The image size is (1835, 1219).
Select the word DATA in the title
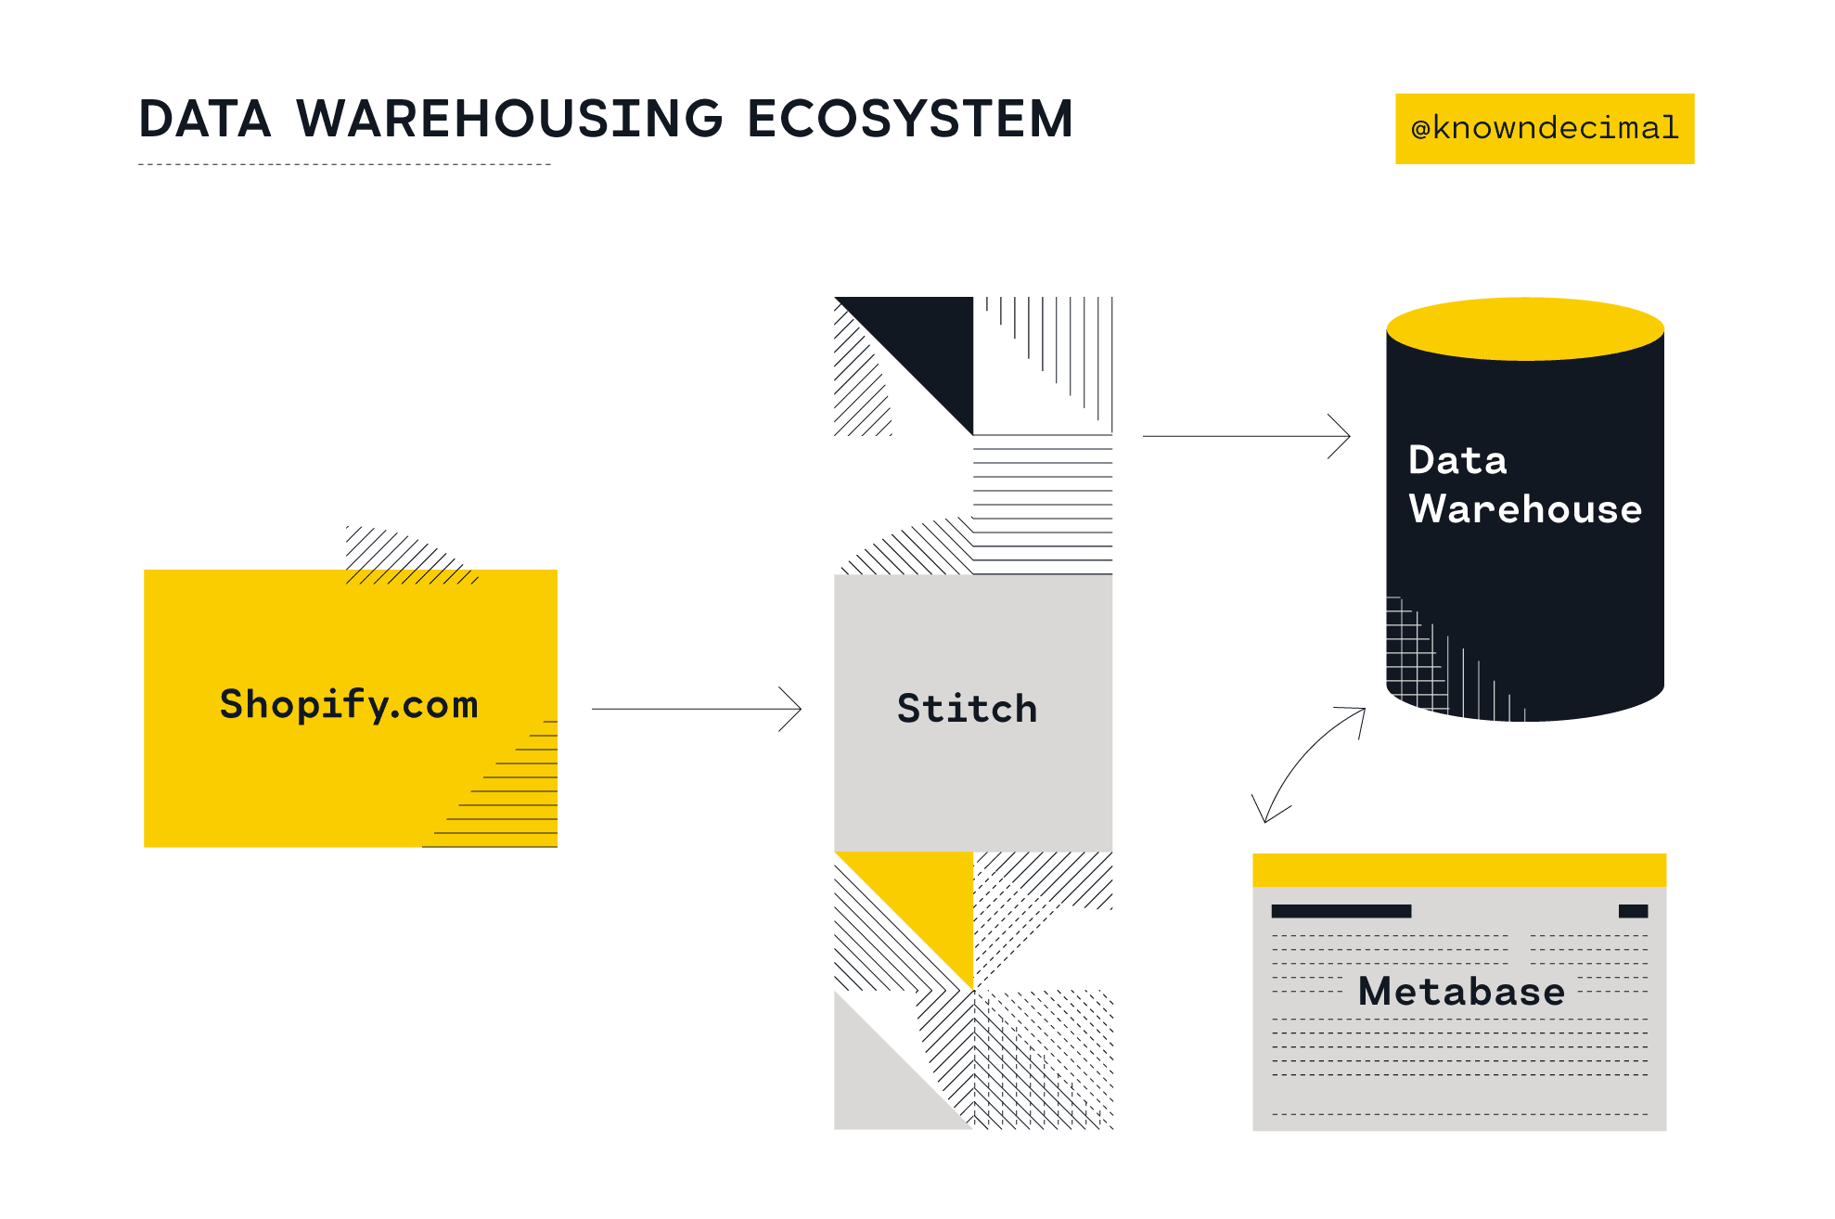(x=205, y=120)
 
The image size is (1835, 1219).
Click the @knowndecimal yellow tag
(x=1544, y=128)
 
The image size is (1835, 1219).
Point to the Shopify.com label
(x=349, y=705)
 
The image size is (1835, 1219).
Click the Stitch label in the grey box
(x=967, y=709)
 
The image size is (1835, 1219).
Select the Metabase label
(x=1461, y=992)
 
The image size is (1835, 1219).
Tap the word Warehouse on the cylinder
(x=1525, y=509)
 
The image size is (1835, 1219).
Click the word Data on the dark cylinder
(x=1457, y=460)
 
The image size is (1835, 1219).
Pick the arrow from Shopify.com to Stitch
(x=696, y=709)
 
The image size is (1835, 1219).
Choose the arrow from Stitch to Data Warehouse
(x=1245, y=435)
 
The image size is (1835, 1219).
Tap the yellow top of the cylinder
(x=1525, y=328)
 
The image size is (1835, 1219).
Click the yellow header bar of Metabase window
(x=1458, y=869)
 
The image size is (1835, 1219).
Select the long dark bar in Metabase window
(x=1341, y=911)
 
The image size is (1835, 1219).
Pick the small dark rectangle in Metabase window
(x=1633, y=911)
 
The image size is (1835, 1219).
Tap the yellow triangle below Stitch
(x=932, y=895)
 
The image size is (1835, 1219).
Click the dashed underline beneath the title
(x=344, y=165)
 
